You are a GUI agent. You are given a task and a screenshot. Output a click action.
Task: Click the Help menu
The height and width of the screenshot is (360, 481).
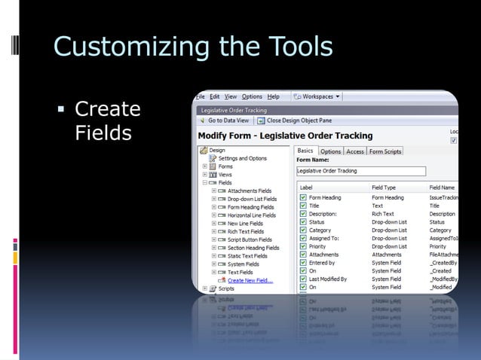coord(274,96)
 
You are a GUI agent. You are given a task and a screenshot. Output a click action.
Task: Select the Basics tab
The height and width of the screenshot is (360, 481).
coord(306,151)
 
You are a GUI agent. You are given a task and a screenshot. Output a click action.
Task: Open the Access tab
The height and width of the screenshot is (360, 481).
coord(355,151)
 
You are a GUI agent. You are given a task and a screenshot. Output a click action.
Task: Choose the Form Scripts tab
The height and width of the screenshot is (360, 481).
coord(385,151)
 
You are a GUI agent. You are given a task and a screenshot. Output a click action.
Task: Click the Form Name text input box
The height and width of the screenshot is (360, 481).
coord(361,171)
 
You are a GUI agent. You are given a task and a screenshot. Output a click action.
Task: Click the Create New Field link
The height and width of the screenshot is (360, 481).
coord(250,280)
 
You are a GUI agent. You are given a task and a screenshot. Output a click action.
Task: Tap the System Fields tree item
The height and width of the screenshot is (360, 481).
coord(243,264)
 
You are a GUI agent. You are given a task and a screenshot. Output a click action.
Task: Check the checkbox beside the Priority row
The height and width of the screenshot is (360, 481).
coord(302,246)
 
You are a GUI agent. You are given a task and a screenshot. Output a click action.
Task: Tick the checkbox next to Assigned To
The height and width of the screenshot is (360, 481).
coord(302,238)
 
